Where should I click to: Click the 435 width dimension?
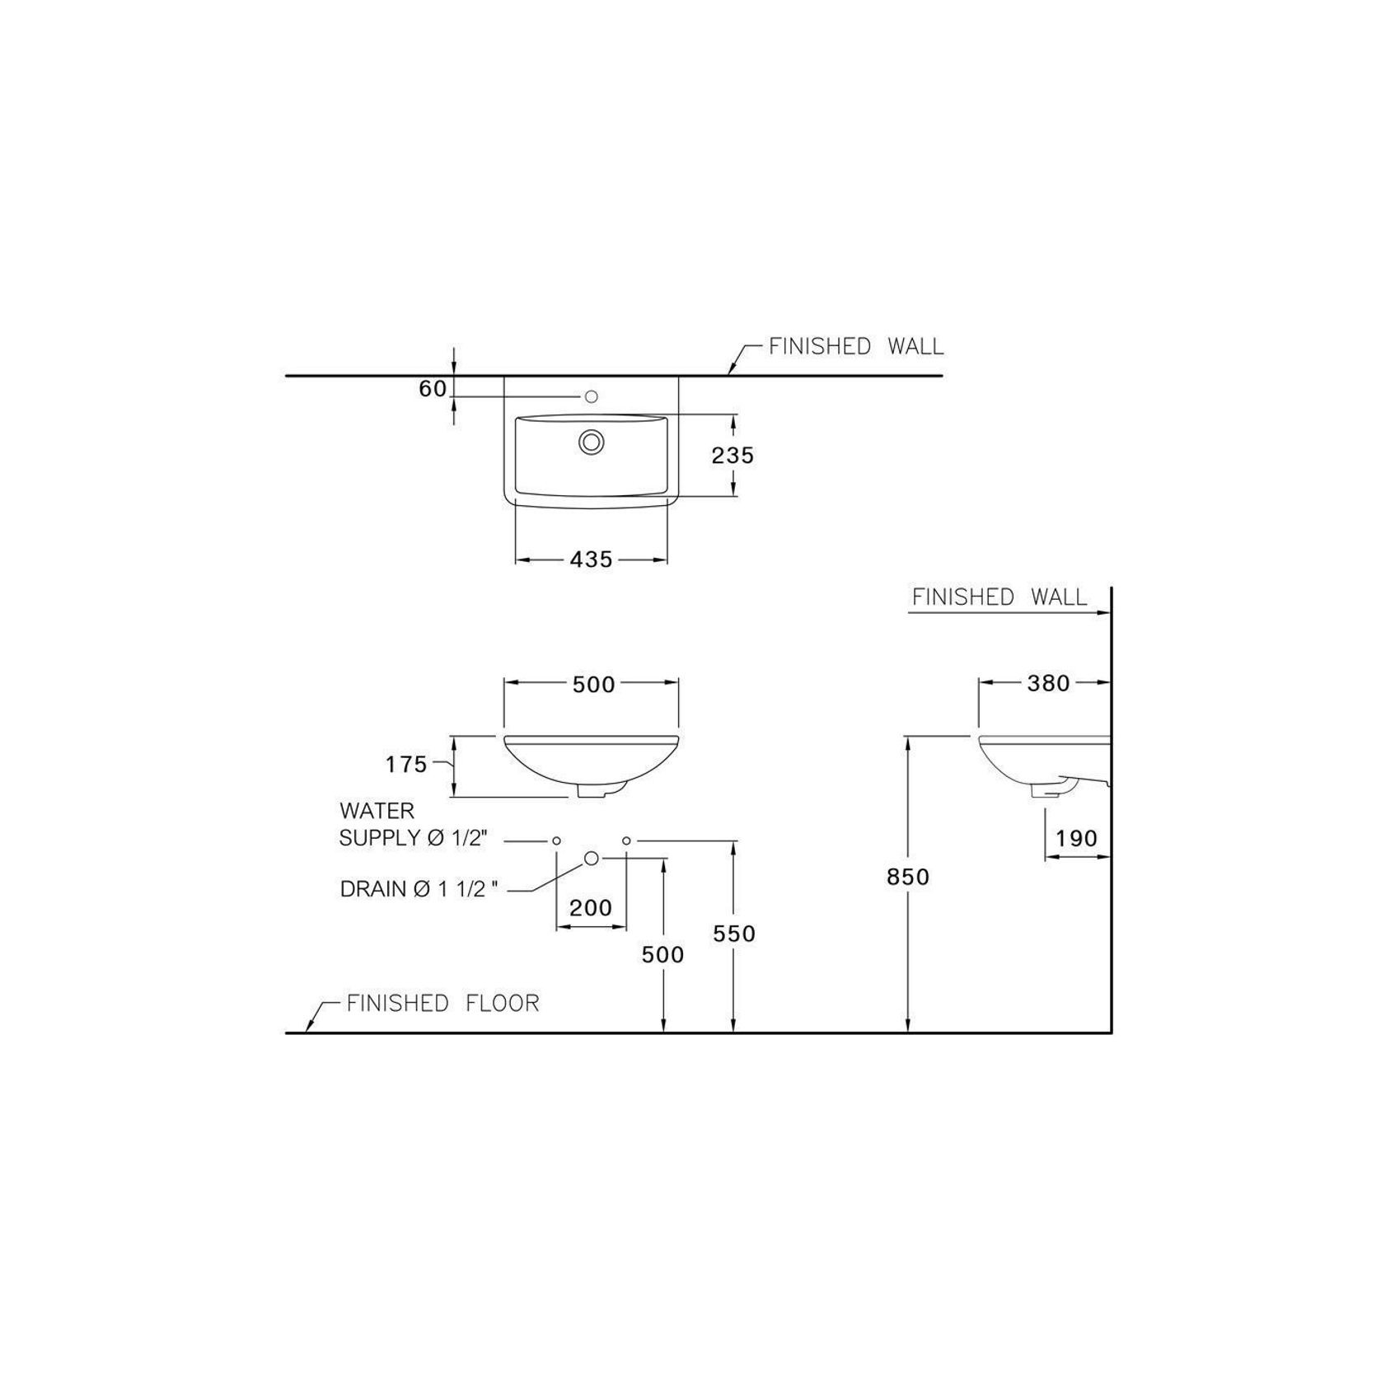(x=592, y=560)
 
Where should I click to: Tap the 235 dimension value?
(x=733, y=455)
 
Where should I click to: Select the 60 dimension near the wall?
(x=433, y=389)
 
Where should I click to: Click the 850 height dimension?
(x=908, y=877)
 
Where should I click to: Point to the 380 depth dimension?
(x=1048, y=683)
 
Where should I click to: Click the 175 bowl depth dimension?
(x=407, y=765)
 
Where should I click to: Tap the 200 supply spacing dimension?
(x=591, y=908)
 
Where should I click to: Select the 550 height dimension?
(x=733, y=934)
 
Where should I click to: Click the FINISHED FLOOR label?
(x=443, y=1004)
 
